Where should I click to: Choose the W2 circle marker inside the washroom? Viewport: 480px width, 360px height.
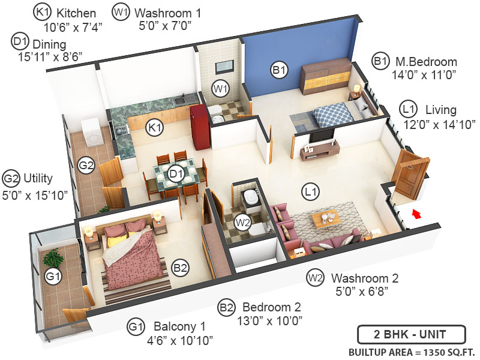tap(243, 222)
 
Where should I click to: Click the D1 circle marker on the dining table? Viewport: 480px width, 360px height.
tap(175, 174)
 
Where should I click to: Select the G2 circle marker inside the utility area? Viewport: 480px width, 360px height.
tap(88, 165)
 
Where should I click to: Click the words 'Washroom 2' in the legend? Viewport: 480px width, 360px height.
tap(364, 278)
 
